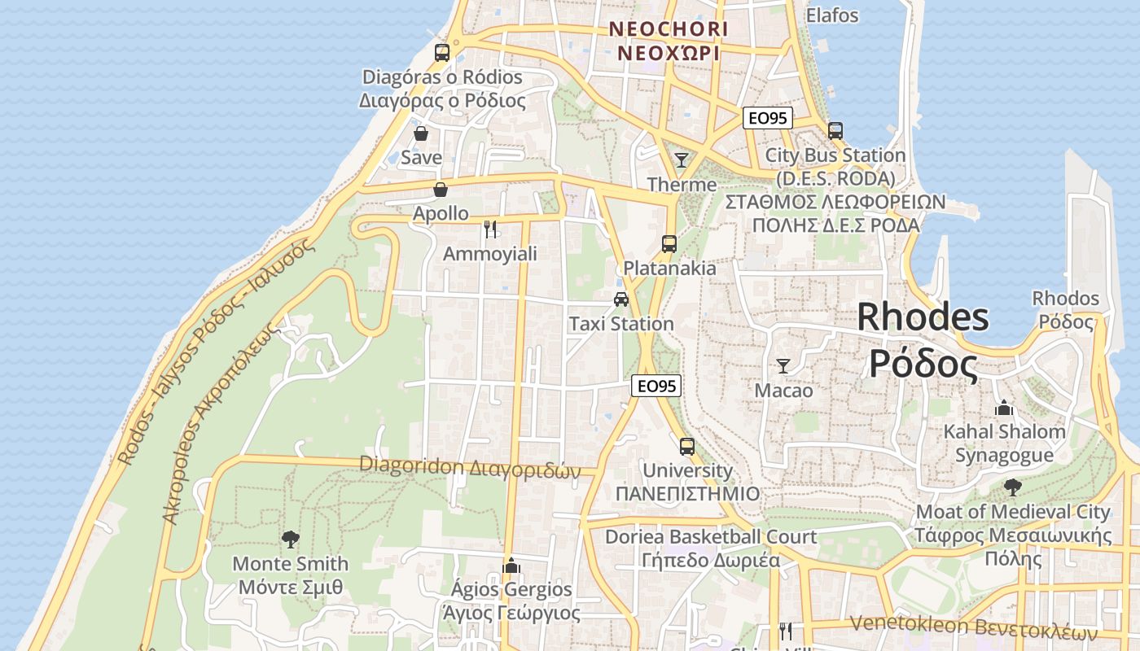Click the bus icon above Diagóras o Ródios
click(x=442, y=53)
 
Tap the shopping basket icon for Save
click(x=421, y=133)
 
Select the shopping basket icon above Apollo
click(x=441, y=190)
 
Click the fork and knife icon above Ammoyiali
click(x=489, y=229)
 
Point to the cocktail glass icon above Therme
click(x=682, y=160)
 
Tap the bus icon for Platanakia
click(x=669, y=243)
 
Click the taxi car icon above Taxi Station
click(x=621, y=299)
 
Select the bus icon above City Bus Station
click(x=835, y=130)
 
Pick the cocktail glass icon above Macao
click(x=783, y=366)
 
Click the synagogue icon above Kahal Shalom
click(x=1004, y=407)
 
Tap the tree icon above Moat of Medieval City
click(x=1013, y=487)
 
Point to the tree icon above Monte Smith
click(x=290, y=539)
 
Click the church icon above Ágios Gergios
click(x=511, y=565)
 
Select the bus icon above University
click(x=687, y=447)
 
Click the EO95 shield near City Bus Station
click(x=767, y=118)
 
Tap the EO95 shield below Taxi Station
click(x=656, y=386)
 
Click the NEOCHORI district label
click(x=669, y=29)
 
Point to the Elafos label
click(x=832, y=15)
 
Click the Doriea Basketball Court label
click(x=711, y=537)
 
